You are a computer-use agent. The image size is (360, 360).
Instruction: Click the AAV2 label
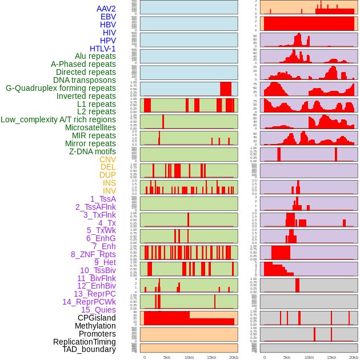pyautogui.click(x=106, y=9)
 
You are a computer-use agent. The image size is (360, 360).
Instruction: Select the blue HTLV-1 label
pyautogui.click(x=102, y=49)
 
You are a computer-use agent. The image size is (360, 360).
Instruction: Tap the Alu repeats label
pyautogui.click(x=95, y=56)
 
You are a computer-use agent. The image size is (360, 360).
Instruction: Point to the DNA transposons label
pyautogui.click(x=84, y=80)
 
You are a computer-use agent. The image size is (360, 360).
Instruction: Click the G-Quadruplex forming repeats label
pyautogui.click(x=61, y=88)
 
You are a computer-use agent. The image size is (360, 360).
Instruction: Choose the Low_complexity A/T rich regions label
pyautogui.click(x=58, y=119)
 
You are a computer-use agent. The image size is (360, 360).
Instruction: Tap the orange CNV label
pyautogui.click(x=107, y=159)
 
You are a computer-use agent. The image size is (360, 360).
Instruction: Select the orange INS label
pyautogui.click(x=109, y=183)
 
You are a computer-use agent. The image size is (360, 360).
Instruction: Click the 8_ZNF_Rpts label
pyautogui.click(x=93, y=254)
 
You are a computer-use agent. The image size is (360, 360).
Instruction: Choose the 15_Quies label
pyautogui.click(x=98, y=310)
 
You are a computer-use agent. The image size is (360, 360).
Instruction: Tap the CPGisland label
pyautogui.click(x=97, y=318)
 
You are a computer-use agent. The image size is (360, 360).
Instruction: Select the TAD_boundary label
pyautogui.click(x=89, y=349)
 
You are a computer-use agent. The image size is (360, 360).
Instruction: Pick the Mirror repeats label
pyautogui.click(x=90, y=143)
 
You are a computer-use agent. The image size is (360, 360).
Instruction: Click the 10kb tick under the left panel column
pyautogui.click(x=189, y=357)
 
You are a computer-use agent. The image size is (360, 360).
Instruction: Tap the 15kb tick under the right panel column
pyautogui.click(x=331, y=357)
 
